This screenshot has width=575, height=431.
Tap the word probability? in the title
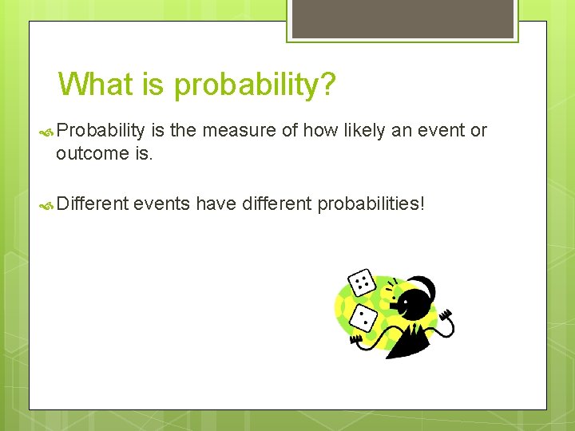[255, 85]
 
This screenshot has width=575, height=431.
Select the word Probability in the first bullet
[101, 131]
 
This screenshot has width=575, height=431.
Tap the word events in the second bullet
[162, 204]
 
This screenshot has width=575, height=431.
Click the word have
[216, 204]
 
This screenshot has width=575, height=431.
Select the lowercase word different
[276, 204]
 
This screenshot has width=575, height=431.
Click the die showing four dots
[363, 282]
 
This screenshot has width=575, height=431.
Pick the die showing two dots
[364, 318]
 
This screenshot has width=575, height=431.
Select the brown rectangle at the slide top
[402, 18]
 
